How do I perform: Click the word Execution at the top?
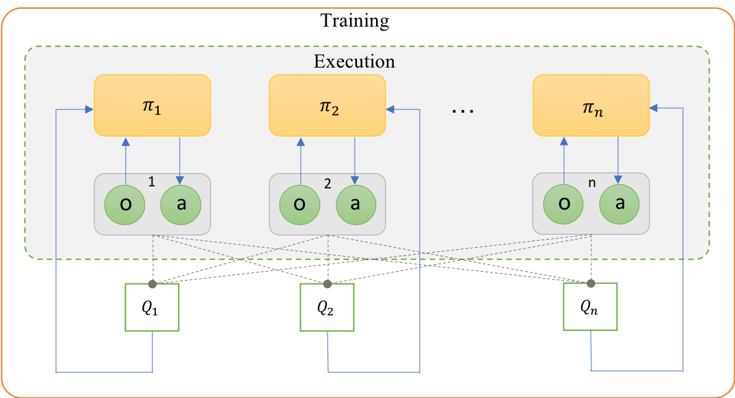[354, 61]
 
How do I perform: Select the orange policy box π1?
[152, 105]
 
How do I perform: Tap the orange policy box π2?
[327, 105]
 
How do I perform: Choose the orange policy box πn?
[591, 105]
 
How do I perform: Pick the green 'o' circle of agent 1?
[124, 204]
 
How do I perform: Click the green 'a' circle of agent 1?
[181, 204]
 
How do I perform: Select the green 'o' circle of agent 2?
[299, 204]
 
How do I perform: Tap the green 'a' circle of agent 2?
[356, 204]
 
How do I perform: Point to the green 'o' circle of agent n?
[563, 204]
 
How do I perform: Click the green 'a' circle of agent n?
[619, 204]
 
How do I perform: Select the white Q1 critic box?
[152, 307]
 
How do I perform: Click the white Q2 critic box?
[327, 307]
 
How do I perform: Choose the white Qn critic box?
[589, 307]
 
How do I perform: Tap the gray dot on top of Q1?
[152, 283]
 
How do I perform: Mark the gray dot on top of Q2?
[327, 283]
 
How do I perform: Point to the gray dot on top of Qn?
[590, 283]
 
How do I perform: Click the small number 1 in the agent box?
[152, 183]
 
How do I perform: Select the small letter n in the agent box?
[591, 183]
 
